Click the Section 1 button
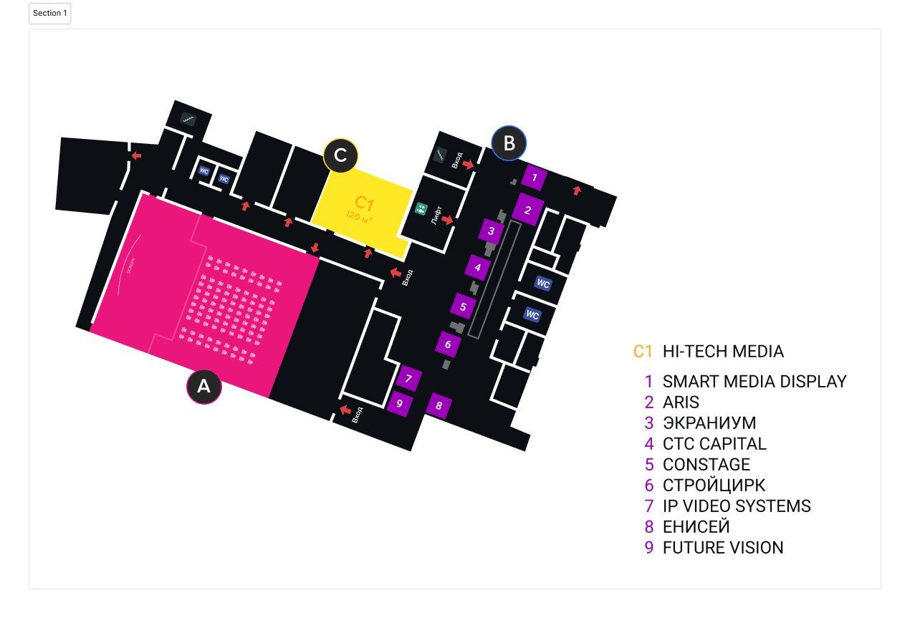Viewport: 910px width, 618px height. [49, 14]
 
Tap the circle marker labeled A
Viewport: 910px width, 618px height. [204, 387]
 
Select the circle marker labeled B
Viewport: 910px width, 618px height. [509, 143]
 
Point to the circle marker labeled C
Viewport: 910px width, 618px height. [340, 155]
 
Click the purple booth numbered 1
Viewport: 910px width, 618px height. [535, 177]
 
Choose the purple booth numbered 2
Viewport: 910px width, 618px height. [528, 210]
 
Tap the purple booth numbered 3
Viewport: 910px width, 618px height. [491, 231]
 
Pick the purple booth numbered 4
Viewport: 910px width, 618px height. [477, 268]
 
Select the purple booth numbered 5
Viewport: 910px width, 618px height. [463, 306]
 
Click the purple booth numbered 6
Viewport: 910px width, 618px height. [448, 344]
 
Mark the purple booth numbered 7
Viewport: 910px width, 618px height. [408, 379]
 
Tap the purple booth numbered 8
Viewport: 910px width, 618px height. [439, 406]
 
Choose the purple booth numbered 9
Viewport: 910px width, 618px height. [399, 403]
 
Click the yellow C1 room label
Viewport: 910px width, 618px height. [365, 203]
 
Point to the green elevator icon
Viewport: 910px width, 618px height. [421, 209]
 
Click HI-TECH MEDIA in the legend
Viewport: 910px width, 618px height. [722, 352]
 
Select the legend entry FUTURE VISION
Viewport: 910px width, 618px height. [722, 548]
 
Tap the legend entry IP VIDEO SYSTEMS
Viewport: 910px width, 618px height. [736, 506]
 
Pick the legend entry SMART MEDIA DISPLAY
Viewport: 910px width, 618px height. [754, 382]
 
